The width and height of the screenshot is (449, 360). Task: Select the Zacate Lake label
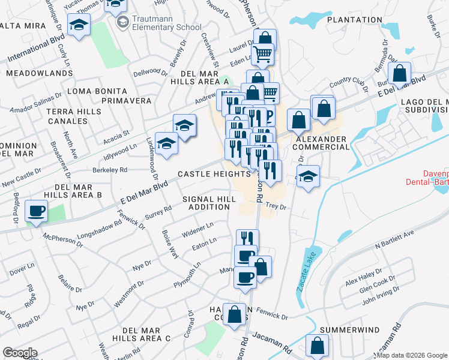pyautogui.click(x=306, y=274)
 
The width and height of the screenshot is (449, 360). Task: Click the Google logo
pyautogui.click(x=20, y=353)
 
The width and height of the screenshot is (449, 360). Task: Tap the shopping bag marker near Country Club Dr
pyautogui.click(x=399, y=75)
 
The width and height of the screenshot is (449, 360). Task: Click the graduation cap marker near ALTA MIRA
pyautogui.click(x=79, y=25)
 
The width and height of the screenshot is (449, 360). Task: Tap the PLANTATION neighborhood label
pyautogui.click(x=351, y=20)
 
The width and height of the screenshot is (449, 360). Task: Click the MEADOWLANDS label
pyautogui.click(x=39, y=73)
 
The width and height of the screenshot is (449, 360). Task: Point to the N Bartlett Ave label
pyautogui.click(x=395, y=238)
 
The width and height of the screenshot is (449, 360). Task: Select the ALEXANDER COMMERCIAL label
pyautogui.click(x=320, y=143)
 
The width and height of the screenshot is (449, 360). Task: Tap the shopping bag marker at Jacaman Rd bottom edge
pyautogui.click(x=317, y=347)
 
